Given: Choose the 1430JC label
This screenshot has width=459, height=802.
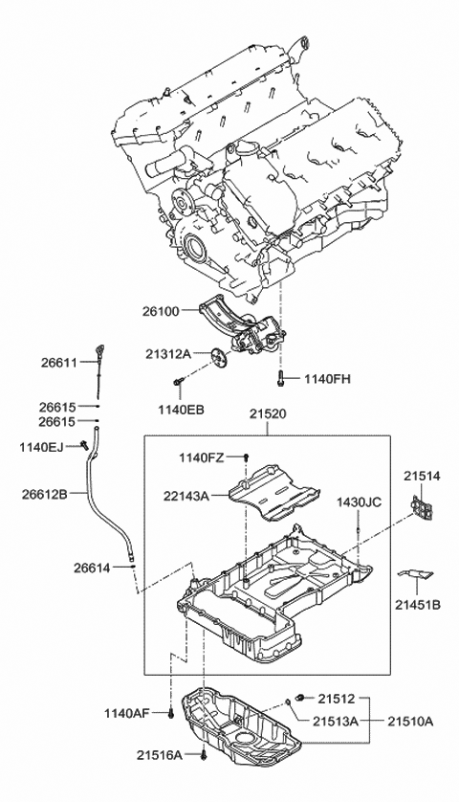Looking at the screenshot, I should click(359, 501).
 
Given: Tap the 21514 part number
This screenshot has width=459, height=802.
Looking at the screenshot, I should click(422, 474).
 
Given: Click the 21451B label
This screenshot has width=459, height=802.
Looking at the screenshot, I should click(422, 605).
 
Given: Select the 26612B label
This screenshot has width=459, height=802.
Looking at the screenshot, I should click(44, 494).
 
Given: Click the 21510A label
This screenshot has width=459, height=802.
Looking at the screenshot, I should click(415, 722).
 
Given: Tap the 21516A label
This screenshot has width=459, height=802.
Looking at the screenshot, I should click(158, 755).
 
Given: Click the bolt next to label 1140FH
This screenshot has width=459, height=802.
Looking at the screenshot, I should click(283, 379).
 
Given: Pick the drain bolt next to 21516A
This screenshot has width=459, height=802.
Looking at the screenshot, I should click(205, 755).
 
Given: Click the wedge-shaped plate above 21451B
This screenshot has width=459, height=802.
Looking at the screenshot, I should click(415, 575).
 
